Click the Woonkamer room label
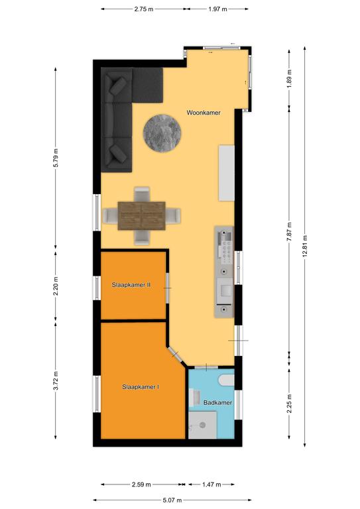click(x=204, y=113)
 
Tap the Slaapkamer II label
click(x=131, y=285)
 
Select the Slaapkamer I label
click(x=141, y=387)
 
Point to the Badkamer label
click(x=218, y=402)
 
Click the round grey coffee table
click(x=162, y=133)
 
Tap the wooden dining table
click(x=141, y=216)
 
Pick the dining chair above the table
click(x=142, y=194)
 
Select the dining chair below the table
click(x=142, y=237)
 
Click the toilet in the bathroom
click(x=226, y=380)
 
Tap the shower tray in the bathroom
click(x=203, y=425)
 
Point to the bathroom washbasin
click(x=196, y=398)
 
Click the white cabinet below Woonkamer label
click(x=226, y=173)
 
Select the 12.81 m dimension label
click(x=304, y=246)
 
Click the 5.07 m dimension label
click(x=172, y=500)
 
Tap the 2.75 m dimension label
click(x=144, y=9)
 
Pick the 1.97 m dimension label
click(x=218, y=9)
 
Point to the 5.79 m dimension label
click(x=56, y=158)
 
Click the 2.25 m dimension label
click(x=289, y=403)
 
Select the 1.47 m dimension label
click(x=211, y=484)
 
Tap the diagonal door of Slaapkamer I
click(x=178, y=356)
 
